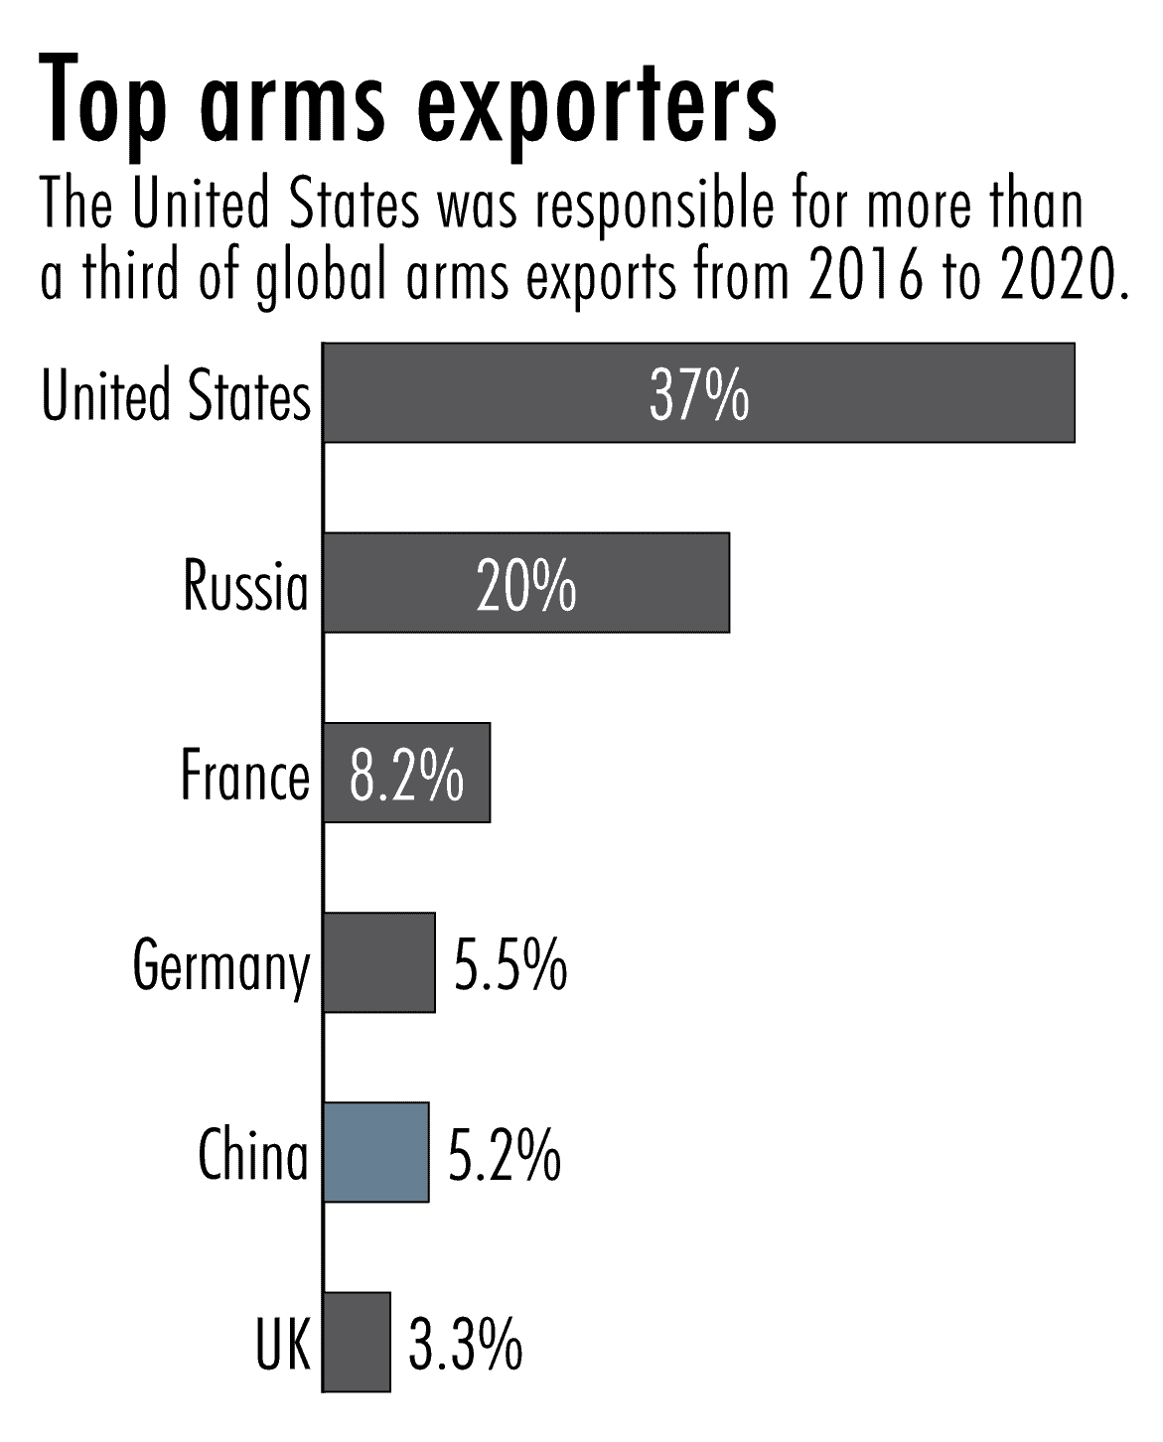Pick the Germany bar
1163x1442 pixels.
(379, 962)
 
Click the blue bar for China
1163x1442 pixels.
(376, 1152)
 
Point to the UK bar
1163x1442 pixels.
(358, 1342)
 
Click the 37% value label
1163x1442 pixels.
(699, 394)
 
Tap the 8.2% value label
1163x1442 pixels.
(407, 775)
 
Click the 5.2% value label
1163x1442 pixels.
(505, 1154)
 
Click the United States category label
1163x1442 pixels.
(176, 394)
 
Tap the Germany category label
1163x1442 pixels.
(221, 965)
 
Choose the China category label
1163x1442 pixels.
(253, 1154)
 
